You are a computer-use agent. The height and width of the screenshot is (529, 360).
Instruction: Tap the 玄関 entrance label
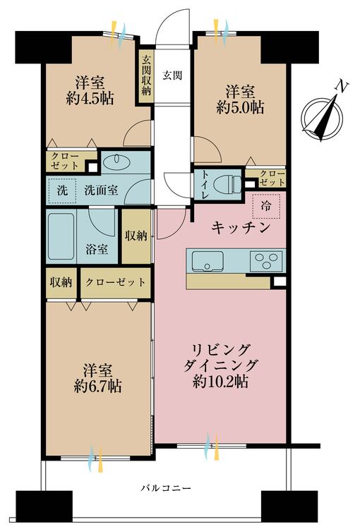pos(172,75)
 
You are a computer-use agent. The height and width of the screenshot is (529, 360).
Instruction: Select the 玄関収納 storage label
pos(146,75)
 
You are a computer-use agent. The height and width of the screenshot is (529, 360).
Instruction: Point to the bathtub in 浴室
pos(61,236)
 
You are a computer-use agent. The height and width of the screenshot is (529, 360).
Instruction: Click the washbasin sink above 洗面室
pos(116,163)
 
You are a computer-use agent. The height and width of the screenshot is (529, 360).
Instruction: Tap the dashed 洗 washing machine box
pos(63,190)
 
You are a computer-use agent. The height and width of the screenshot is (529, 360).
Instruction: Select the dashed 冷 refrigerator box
pos(266,206)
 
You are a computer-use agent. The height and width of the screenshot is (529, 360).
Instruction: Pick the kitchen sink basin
pos(208,261)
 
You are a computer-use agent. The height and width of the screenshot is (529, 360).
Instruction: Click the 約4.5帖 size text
pos(90,99)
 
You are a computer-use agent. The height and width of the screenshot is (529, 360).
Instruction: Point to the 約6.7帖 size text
pos(98,386)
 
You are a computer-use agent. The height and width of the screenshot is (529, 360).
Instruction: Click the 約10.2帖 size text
pos(220,381)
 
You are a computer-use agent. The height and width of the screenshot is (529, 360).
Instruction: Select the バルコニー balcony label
pos(166,488)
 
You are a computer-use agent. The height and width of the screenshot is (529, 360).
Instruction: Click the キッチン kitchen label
pos(241,228)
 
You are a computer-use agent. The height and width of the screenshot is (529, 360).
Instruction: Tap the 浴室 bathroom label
pos(97,249)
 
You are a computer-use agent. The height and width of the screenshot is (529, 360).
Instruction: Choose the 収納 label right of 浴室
pos(136,236)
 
